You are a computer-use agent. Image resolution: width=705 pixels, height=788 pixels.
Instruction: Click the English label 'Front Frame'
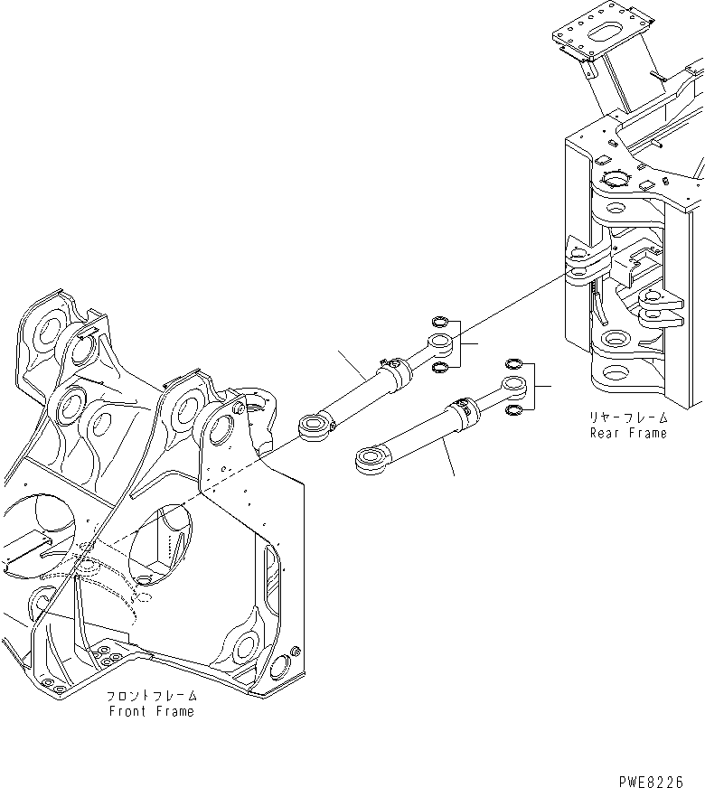(x=151, y=711)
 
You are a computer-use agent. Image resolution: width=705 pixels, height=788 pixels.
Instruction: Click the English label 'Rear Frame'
(x=628, y=433)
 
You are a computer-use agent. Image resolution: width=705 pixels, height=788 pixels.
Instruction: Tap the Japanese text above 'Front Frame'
(x=151, y=697)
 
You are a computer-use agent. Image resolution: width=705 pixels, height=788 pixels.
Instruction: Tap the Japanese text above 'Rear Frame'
(x=628, y=417)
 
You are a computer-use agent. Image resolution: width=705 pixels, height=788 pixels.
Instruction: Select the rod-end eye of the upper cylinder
(x=440, y=342)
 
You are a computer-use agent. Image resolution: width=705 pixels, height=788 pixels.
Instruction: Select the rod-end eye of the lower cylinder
(x=517, y=387)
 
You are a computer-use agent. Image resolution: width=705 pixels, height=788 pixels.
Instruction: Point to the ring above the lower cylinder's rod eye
(x=513, y=363)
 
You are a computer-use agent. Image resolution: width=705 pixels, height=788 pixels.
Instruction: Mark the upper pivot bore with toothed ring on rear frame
(x=613, y=179)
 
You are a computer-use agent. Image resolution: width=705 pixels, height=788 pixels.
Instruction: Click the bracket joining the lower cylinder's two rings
(x=537, y=387)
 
